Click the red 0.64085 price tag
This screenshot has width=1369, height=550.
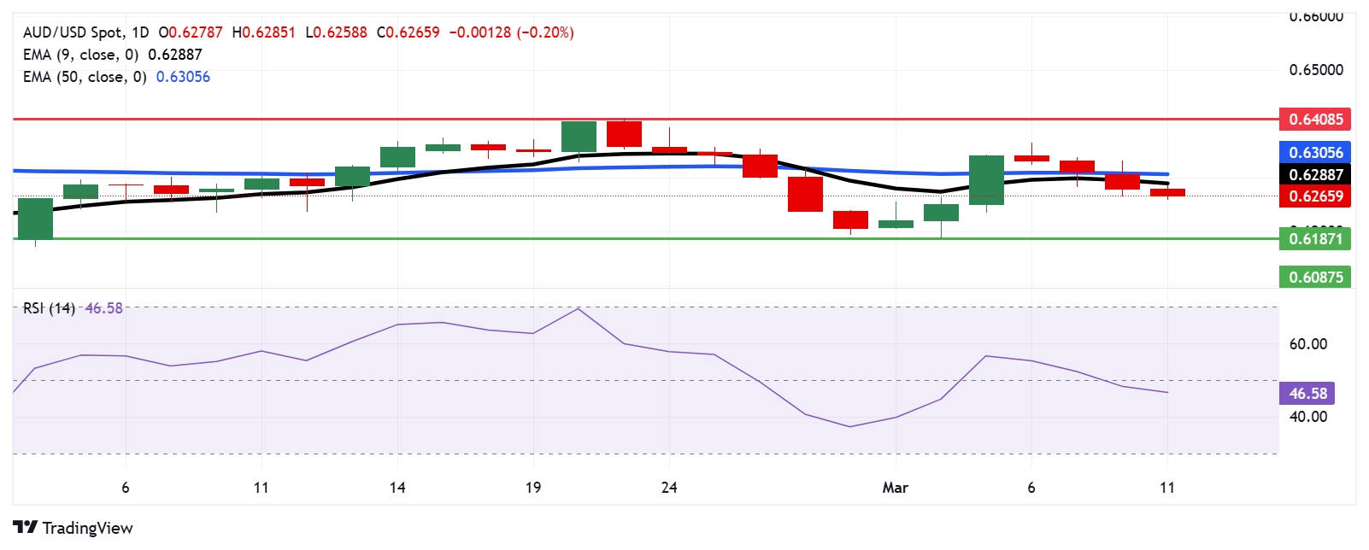[x=1315, y=120]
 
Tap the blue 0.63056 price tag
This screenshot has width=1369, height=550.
[x=1315, y=153]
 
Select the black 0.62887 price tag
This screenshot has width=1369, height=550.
[x=1315, y=174]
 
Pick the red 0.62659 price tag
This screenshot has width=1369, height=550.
[x=1315, y=196]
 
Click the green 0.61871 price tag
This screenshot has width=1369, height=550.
[x=1315, y=239]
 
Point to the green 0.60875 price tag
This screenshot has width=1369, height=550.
[x=1315, y=277]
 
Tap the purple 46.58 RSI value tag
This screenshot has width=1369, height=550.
[x=1307, y=394]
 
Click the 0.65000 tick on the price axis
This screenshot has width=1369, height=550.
[x=1316, y=70]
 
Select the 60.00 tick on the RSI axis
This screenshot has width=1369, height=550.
[x=1307, y=344]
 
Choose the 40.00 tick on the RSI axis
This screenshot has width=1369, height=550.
[x=1307, y=417]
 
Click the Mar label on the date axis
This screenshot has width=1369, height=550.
[x=895, y=488]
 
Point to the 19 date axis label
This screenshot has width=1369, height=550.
[x=533, y=488]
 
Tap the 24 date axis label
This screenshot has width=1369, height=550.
[x=669, y=488]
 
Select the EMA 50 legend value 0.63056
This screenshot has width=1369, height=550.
[x=183, y=77]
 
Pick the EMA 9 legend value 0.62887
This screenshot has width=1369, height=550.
[x=175, y=55]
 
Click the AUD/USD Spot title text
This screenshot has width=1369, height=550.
[x=73, y=32]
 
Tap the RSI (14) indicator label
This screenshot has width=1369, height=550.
[x=49, y=308]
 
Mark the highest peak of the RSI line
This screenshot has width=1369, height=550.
[x=579, y=308]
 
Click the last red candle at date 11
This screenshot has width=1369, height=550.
[x=1167, y=193]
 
